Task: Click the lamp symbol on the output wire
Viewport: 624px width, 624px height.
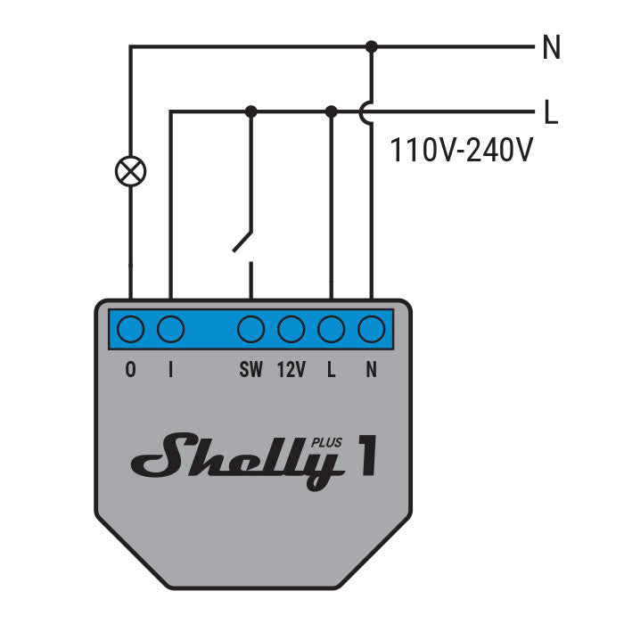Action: pos(131,170)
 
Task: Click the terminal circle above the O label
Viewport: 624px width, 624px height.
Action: pos(131,330)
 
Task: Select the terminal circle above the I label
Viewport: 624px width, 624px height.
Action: pos(170,330)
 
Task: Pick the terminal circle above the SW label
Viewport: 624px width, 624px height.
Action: pos(251,330)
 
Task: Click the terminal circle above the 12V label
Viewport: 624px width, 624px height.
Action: pos(291,330)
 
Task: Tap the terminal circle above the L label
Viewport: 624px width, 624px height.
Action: pos(332,330)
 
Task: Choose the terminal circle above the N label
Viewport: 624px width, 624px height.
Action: pos(371,330)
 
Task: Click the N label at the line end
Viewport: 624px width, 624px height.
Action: pos(551,48)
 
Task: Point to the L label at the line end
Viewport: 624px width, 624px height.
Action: pos(551,112)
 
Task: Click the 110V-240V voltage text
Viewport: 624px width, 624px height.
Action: pos(462,150)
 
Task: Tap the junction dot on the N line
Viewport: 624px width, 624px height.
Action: pos(372,46)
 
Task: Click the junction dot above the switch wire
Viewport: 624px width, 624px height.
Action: pos(251,111)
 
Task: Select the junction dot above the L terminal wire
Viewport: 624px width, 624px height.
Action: pos(332,111)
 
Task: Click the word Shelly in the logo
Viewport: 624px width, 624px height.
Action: pos(237,458)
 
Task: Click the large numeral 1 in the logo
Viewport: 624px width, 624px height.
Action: pos(365,456)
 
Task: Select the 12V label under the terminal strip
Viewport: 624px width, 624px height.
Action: pos(291,370)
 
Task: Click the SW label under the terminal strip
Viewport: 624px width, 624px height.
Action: pos(251,370)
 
